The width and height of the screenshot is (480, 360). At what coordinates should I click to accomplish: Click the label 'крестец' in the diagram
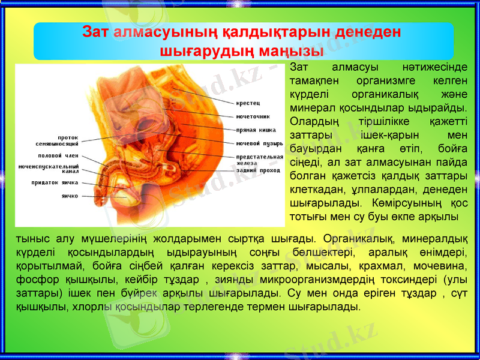click(248, 103)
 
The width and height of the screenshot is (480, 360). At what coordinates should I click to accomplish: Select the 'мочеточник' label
click(253, 116)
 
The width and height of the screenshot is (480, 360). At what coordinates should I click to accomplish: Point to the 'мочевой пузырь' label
click(259, 143)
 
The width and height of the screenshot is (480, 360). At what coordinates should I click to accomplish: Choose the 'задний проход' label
click(258, 170)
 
